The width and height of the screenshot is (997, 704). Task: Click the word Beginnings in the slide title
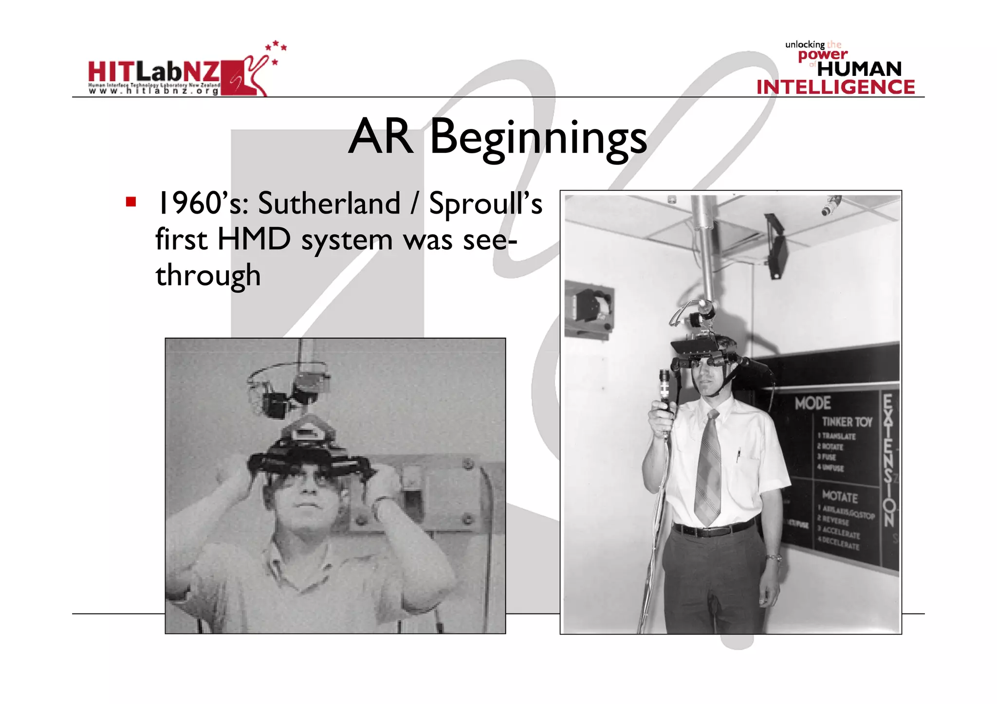click(538, 138)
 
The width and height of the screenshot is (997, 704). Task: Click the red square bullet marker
click(130, 201)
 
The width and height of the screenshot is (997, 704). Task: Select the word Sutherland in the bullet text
click(329, 203)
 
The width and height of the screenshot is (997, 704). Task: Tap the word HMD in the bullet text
click(254, 239)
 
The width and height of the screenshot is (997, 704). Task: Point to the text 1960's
click(203, 203)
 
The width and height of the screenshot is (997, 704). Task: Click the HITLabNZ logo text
click(154, 72)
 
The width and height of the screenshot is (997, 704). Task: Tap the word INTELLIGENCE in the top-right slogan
click(835, 87)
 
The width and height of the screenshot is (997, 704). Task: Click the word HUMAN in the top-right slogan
click(859, 69)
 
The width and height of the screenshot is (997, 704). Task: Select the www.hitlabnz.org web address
click(153, 91)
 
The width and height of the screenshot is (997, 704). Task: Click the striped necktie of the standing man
click(708, 467)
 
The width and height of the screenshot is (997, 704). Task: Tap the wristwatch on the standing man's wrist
click(774, 558)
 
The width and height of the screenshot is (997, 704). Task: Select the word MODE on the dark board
click(812, 403)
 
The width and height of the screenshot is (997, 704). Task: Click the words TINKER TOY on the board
click(847, 422)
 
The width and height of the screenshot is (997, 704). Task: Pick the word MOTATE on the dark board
click(840, 497)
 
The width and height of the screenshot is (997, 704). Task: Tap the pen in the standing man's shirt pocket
click(739, 455)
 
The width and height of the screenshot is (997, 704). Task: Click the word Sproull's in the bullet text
click(485, 203)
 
